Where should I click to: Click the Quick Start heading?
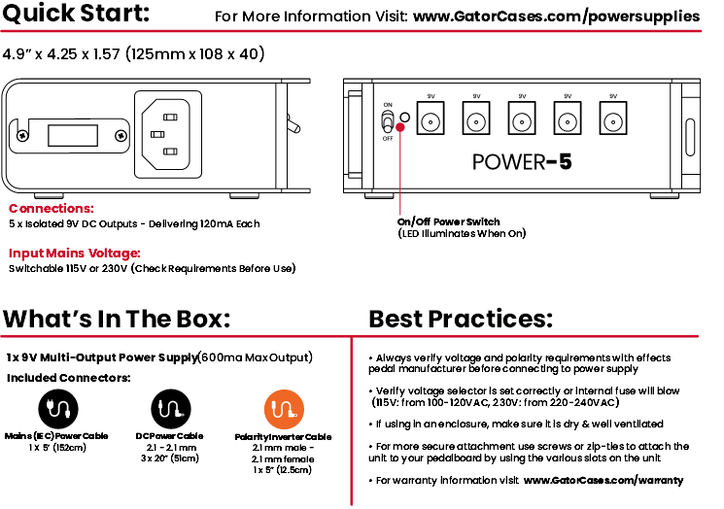(76, 13)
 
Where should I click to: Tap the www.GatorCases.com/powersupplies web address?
(557, 17)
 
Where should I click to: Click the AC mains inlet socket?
(168, 134)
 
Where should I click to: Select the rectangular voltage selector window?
(73, 135)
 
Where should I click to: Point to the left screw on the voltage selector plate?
(22, 136)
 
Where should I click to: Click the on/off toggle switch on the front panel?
(388, 121)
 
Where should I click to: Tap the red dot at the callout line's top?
(400, 127)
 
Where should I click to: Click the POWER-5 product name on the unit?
(522, 162)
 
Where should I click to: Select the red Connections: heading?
(52, 209)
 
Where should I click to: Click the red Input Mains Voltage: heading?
(74, 254)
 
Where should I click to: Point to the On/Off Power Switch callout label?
(448, 222)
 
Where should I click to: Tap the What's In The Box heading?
(117, 319)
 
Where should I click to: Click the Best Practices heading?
(461, 319)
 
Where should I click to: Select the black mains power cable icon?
(58, 409)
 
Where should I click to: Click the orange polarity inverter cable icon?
(284, 409)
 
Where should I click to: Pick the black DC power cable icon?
(171, 409)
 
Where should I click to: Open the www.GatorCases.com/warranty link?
(603, 481)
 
